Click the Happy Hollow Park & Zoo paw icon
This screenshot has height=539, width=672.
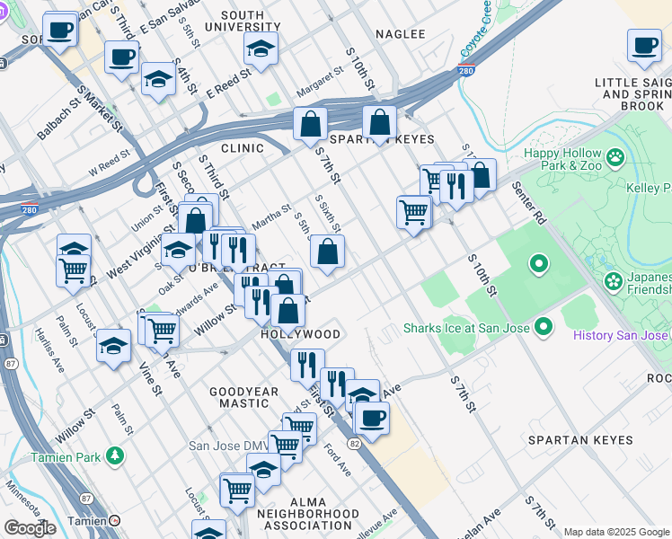pyautogui.click(x=615, y=159)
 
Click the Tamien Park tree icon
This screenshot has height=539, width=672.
pyautogui.click(x=114, y=455)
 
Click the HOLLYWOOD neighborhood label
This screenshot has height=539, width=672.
pyautogui.click(x=300, y=334)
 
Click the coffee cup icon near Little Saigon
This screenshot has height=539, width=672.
pyautogui.click(x=643, y=47)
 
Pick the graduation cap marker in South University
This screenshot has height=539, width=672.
pyautogui.click(x=261, y=49)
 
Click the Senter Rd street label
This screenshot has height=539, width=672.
pyautogui.click(x=530, y=203)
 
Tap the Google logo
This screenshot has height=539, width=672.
pyautogui.click(x=30, y=528)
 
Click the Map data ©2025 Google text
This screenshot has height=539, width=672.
pyautogui.click(x=615, y=532)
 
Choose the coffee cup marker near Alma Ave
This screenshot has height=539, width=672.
pyautogui.click(x=371, y=417)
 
